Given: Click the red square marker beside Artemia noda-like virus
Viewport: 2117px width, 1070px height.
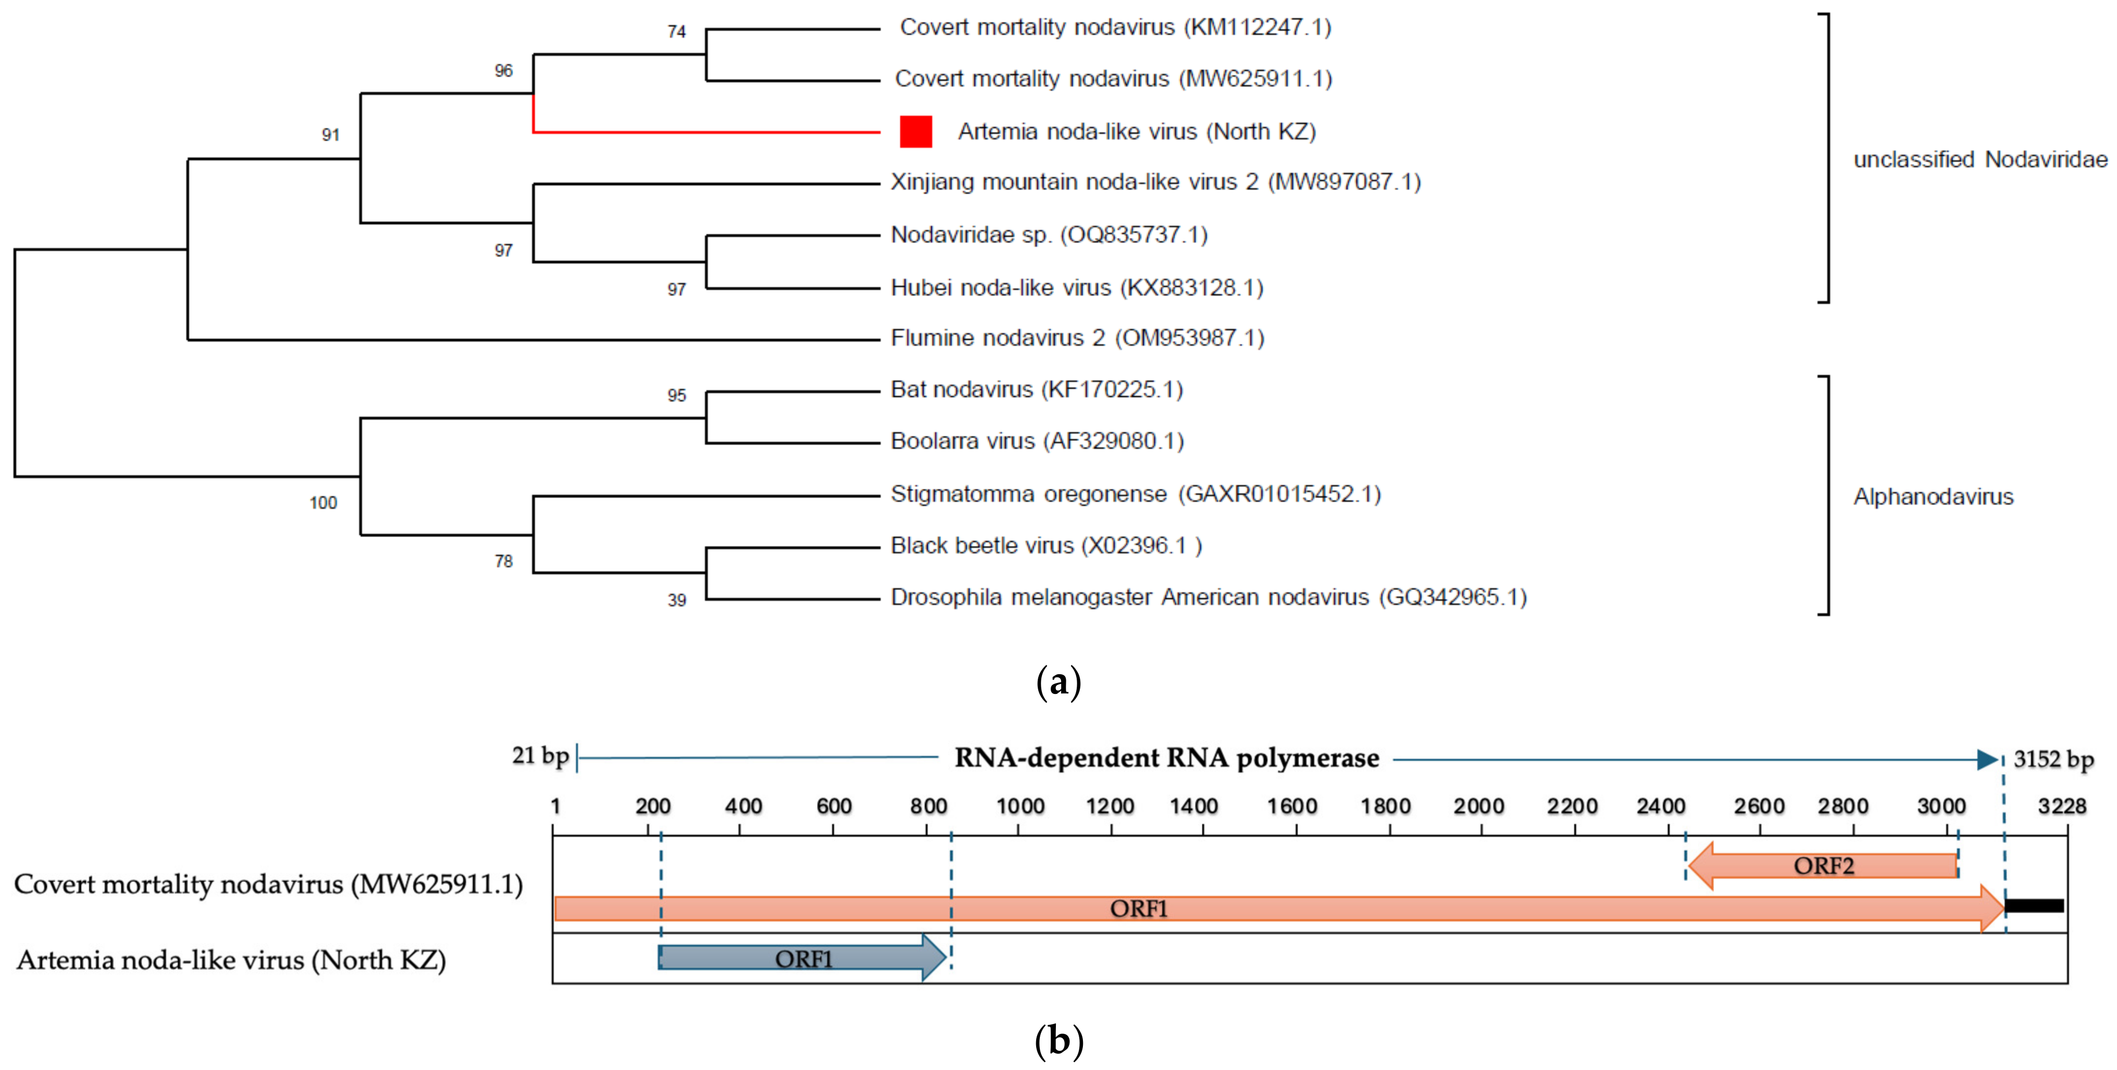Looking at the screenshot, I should [916, 131].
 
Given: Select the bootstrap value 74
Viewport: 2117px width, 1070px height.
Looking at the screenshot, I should [676, 32].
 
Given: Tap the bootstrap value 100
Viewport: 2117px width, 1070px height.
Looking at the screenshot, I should [323, 503].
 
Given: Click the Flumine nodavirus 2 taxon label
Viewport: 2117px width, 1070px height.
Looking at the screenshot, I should [1077, 338].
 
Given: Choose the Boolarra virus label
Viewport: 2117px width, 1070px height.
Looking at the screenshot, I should [1037, 442].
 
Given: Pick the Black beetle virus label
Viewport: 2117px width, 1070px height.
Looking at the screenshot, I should [1046, 546].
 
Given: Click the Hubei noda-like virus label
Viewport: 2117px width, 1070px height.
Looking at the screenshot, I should [1077, 288].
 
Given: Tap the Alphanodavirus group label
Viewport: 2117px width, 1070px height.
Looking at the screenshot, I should [1933, 497].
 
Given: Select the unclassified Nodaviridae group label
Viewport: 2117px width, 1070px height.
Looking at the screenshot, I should [1980, 159].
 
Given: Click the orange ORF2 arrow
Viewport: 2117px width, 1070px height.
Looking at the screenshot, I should [1823, 865].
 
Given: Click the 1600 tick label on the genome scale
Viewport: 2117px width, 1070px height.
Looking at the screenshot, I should [1292, 806].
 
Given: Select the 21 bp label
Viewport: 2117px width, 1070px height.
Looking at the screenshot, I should [540, 756].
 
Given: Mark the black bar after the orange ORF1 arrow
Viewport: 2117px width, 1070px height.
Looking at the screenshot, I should [2035, 906].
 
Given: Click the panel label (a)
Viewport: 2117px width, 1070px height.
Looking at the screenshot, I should [1058, 682].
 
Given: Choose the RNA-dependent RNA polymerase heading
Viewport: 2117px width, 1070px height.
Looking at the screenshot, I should [1166, 758].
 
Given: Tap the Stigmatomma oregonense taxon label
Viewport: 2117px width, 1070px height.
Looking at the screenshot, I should [1135, 494].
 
